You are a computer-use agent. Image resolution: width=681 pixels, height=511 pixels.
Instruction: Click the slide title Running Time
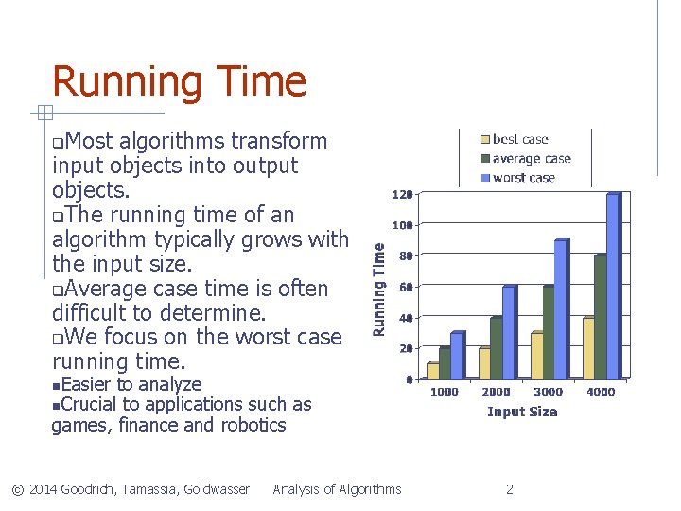coord(179,81)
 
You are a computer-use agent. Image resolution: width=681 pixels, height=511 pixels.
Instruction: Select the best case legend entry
coord(520,140)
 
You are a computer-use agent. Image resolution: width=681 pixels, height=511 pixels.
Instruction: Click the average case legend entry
coord(531,159)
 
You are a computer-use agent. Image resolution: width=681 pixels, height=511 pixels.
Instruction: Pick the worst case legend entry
coord(523,178)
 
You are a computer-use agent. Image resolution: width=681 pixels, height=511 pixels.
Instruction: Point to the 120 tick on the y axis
coord(401,195)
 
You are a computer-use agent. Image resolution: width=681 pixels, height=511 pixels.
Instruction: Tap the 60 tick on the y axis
coord(404,287)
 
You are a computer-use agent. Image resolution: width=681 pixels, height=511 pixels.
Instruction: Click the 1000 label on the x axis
coord(444,392)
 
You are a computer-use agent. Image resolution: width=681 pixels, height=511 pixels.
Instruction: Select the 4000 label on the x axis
coord(601,392)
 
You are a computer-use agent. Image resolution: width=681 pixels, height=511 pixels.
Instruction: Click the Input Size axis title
coord(522,412)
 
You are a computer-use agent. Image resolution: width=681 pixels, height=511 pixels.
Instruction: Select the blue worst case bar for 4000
coord(612,287)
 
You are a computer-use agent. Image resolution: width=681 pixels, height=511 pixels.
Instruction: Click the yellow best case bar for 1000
coord(433,371)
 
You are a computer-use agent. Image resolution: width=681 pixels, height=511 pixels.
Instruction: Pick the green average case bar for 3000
coord(549,332)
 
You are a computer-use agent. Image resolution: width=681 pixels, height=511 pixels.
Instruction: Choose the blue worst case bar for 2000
coord(508,332)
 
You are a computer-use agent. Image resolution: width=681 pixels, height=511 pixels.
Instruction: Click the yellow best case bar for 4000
coord(588,348)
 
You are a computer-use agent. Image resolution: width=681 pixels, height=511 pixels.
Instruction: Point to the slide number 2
coord(510,489)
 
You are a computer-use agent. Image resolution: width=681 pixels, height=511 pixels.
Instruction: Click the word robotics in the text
coord(253,425)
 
